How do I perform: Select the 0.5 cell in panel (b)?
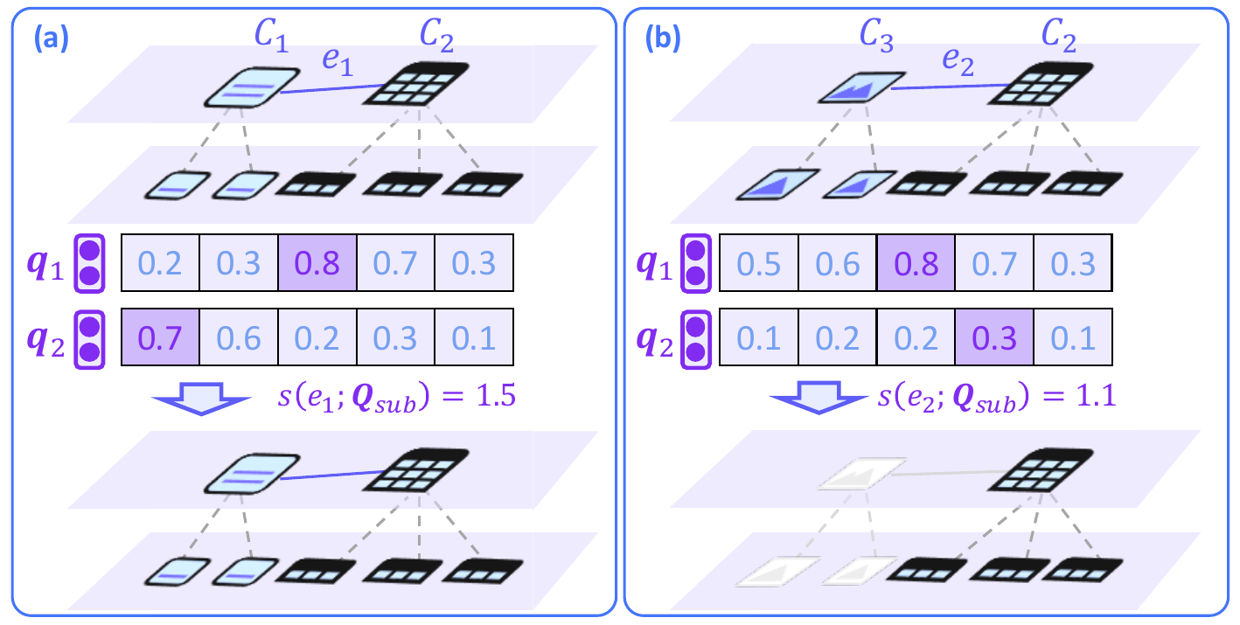758,263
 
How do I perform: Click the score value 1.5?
494,396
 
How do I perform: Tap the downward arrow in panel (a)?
200,399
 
